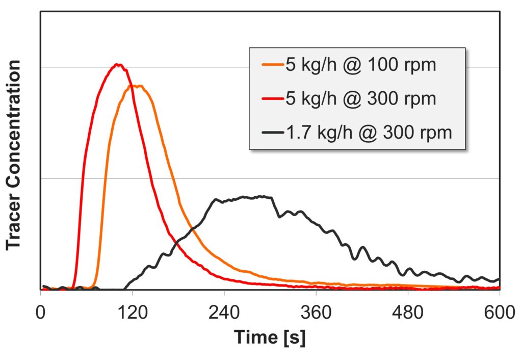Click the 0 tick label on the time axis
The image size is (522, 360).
tap(41, 311)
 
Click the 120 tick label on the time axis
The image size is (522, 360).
tap(132, 311)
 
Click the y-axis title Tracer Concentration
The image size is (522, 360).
tap(14, 155)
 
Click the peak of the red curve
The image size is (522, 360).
tap(118, 64)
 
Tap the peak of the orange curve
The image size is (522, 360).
tap(138, 86)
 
